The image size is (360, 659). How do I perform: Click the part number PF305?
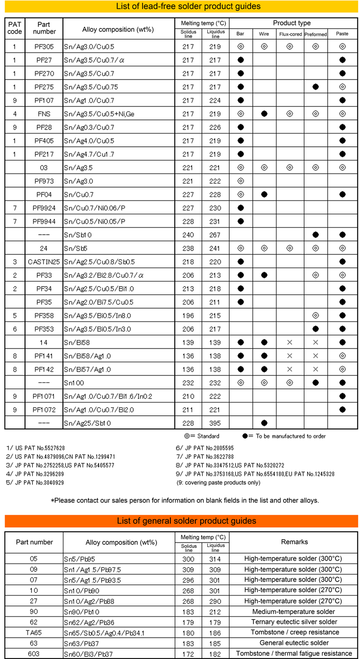44,47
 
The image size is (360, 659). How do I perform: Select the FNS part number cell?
44,114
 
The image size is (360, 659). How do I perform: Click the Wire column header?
264,34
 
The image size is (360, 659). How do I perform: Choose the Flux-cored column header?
290,34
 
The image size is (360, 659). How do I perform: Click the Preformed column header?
316,34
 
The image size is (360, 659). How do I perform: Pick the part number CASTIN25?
44,262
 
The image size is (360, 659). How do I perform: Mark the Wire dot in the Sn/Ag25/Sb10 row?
264,423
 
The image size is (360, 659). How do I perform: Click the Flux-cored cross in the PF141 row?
290,356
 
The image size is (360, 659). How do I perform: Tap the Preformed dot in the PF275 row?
316,87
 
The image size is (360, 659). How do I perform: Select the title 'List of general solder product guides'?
182,521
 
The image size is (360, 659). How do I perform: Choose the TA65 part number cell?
34,632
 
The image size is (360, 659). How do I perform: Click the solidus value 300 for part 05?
188,559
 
